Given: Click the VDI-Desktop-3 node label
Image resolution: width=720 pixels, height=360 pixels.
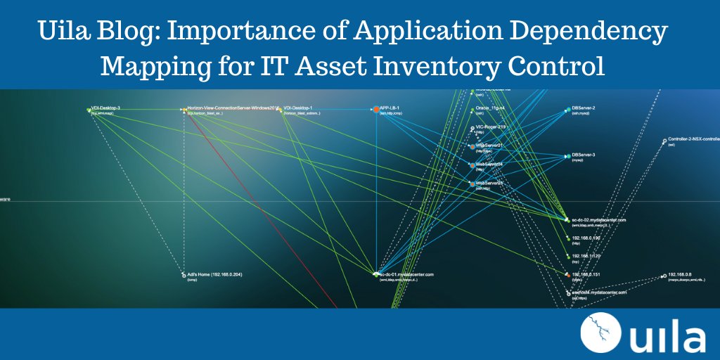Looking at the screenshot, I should [x=106, y=108].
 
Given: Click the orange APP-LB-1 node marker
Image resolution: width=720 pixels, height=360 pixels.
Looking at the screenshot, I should [x=376, y=109].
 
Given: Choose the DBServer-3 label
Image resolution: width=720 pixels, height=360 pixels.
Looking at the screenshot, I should [x=584, y=155].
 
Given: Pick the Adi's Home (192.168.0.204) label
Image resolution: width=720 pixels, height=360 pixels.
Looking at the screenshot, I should [x=214, y=274].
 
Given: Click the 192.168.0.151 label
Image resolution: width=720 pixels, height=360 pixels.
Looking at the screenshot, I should [x=586, y=274].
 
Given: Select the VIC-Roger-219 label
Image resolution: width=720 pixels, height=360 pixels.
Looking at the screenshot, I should [x=491, y=127].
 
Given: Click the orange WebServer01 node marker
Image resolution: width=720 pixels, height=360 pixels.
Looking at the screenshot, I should [x=472, y=146].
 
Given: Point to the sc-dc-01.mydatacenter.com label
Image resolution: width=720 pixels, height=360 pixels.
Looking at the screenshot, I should [x=408, y=274].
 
